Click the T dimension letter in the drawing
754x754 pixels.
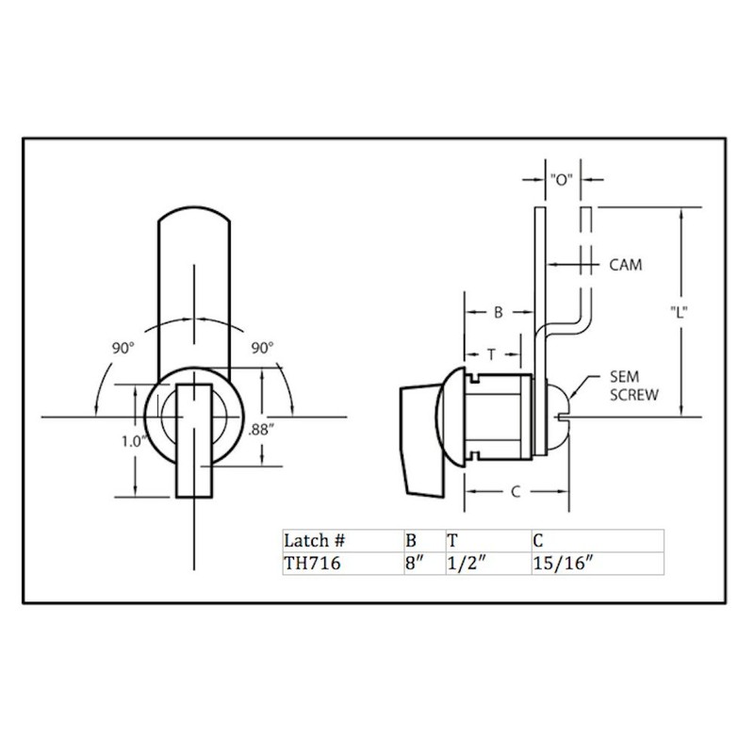(492, 354)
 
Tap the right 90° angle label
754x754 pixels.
(262, 348)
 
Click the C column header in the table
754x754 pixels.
(537, 541)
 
